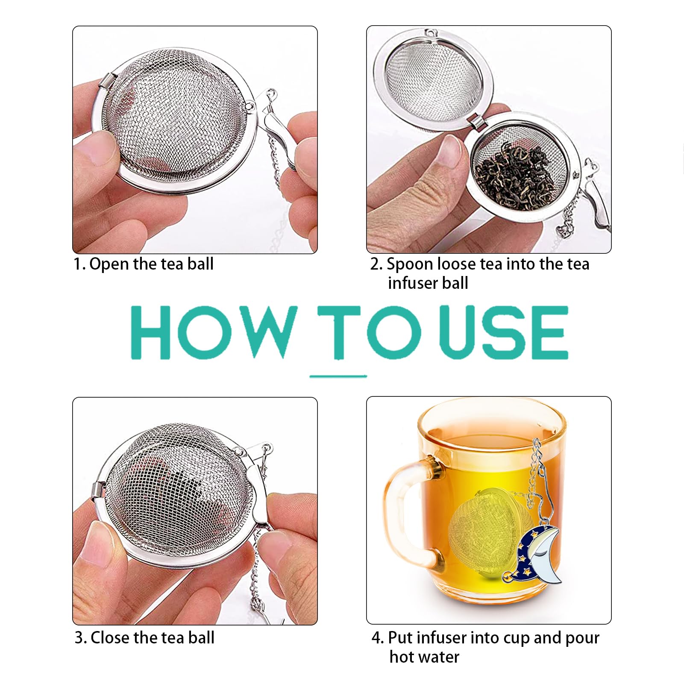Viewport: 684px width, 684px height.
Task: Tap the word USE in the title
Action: (x=503, y=332)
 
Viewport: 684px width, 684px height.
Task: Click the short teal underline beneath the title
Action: (x=338, y=376)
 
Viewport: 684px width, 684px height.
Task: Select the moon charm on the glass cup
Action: (x=539, y=555)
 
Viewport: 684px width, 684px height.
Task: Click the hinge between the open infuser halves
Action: (x=477, y=122)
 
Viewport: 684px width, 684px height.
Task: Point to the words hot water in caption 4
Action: (x=424, y=657)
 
